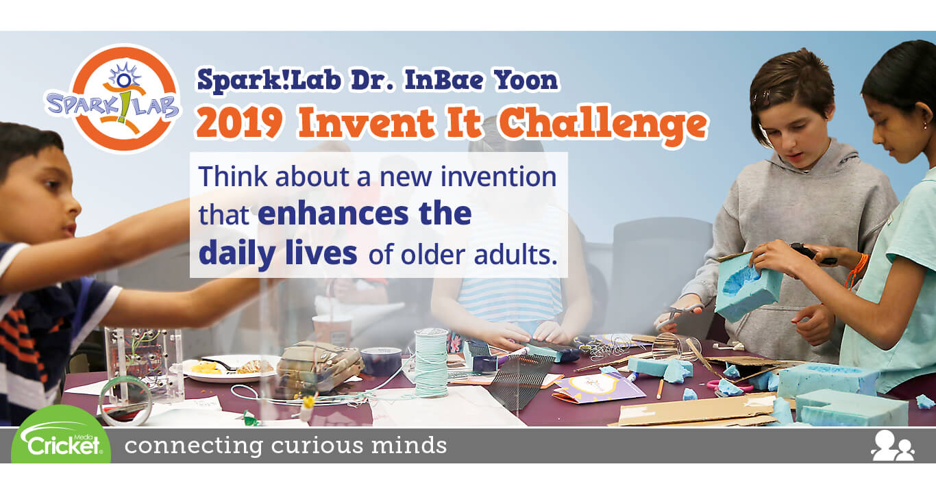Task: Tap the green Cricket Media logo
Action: pyautogui.click(x=61, y=435)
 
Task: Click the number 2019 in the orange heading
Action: pyautogui.click(x=239, y=123)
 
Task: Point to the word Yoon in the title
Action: pyautogui.click(x=526, y=80)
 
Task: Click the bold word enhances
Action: pyautogui.click(x=332, y=214)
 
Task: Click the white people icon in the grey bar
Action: pyautogui.click(x=893, y=446)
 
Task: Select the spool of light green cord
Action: pyautogui.click(x=431, y=362)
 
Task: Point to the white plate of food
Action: pyautogui.click(x=231, y=369)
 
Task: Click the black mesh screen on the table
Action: pyautogui.click(x=521, y=379)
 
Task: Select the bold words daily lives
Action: pyautogui.click(x=278, y=253)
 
